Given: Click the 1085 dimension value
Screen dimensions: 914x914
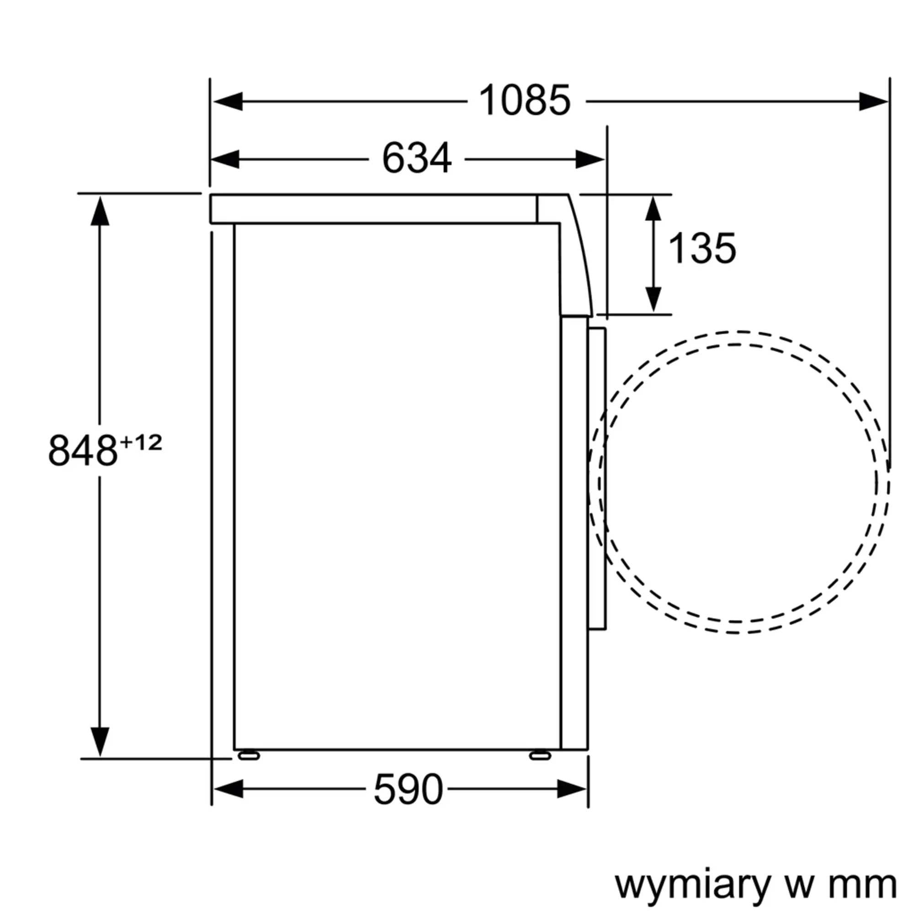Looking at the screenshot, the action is (525, 100).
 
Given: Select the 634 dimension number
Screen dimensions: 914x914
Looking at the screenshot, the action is (416, 159).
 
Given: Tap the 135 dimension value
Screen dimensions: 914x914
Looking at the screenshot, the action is (702, 248).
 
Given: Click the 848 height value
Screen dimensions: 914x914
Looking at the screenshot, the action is (83, 451).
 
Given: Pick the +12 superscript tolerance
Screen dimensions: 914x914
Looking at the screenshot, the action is (141, 443).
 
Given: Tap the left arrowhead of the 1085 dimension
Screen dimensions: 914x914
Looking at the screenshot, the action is (228, 101).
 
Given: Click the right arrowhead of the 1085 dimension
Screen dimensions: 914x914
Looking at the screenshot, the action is (873, 101).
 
